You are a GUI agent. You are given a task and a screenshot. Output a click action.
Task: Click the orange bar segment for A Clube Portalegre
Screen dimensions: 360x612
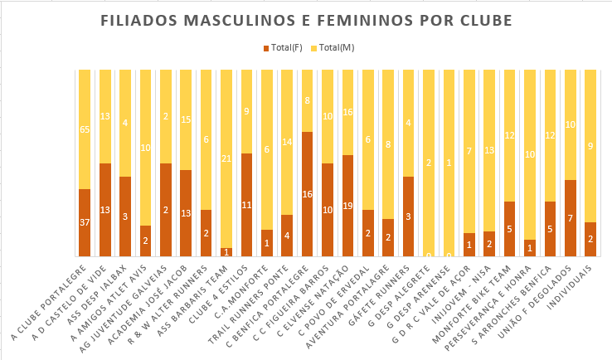pyautogui.click(x=84, y=222)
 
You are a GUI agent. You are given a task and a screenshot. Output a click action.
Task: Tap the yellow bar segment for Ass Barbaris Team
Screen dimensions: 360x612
pyautogui.click(x=226, y=158)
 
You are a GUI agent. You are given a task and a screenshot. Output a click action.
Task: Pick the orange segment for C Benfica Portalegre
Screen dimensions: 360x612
pyautogui.click(x=307, y=194)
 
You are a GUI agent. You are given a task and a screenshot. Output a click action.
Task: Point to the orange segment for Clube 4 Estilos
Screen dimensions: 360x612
pyautogui.click(x=246, y=205)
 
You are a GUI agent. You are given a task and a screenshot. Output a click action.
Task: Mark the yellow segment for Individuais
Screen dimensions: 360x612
pyautogui.click(x=590, y=146)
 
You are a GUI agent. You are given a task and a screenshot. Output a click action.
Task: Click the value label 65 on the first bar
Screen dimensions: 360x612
pyautogui.click(x=84, y=130)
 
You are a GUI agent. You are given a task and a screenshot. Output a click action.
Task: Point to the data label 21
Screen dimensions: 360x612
pyautogui.click(x=226, y=158)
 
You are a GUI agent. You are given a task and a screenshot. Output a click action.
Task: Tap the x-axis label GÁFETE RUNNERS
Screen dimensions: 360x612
pyautogui.click(x=382, y=294)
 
